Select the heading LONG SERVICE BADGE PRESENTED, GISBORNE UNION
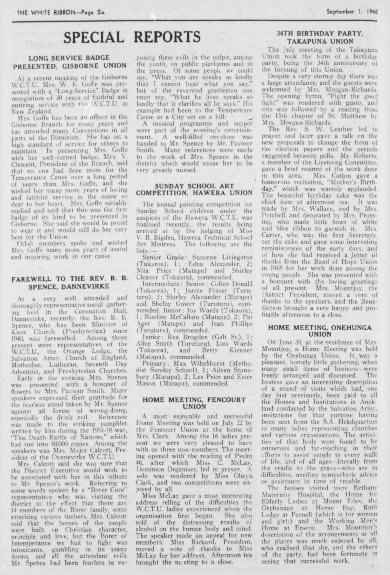(x=70, y=62)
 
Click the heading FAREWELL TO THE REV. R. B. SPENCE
(x=70, y=282)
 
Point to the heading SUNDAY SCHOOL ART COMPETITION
(x=194, y=189)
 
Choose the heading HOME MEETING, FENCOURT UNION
(x=194, y=403)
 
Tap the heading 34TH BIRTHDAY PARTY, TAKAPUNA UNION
(x=320, y=37)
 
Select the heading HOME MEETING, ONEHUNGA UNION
(x=320, y=331)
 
